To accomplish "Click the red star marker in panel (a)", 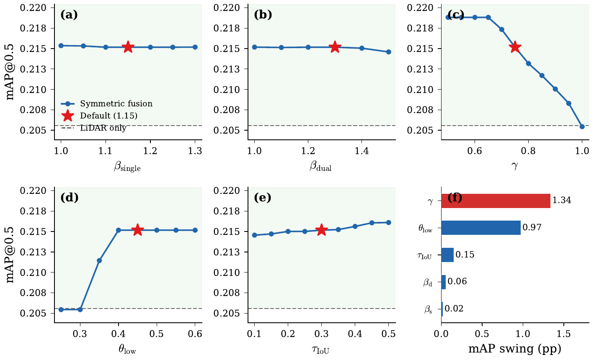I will (128, 47).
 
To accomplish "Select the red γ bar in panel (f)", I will (496, 201).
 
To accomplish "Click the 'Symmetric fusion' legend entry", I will (116, 104).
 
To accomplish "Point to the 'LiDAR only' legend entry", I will (103, 128).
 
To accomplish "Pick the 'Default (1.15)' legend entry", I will (108, 116).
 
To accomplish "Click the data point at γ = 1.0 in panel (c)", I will (582, 126).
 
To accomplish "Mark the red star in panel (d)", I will (138, 230).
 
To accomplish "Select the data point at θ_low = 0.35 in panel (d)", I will (99, 260).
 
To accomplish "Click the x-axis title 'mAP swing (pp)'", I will (515, 348).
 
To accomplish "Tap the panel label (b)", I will (263, 15).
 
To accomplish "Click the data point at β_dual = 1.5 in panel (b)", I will (388, 52).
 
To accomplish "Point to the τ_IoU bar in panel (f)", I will (447, 255).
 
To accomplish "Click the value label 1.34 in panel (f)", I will (562, 201).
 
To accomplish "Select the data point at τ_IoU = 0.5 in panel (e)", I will (388, 222).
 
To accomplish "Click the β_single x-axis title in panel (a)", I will (127, 167).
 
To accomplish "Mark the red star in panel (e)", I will (321, 230).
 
